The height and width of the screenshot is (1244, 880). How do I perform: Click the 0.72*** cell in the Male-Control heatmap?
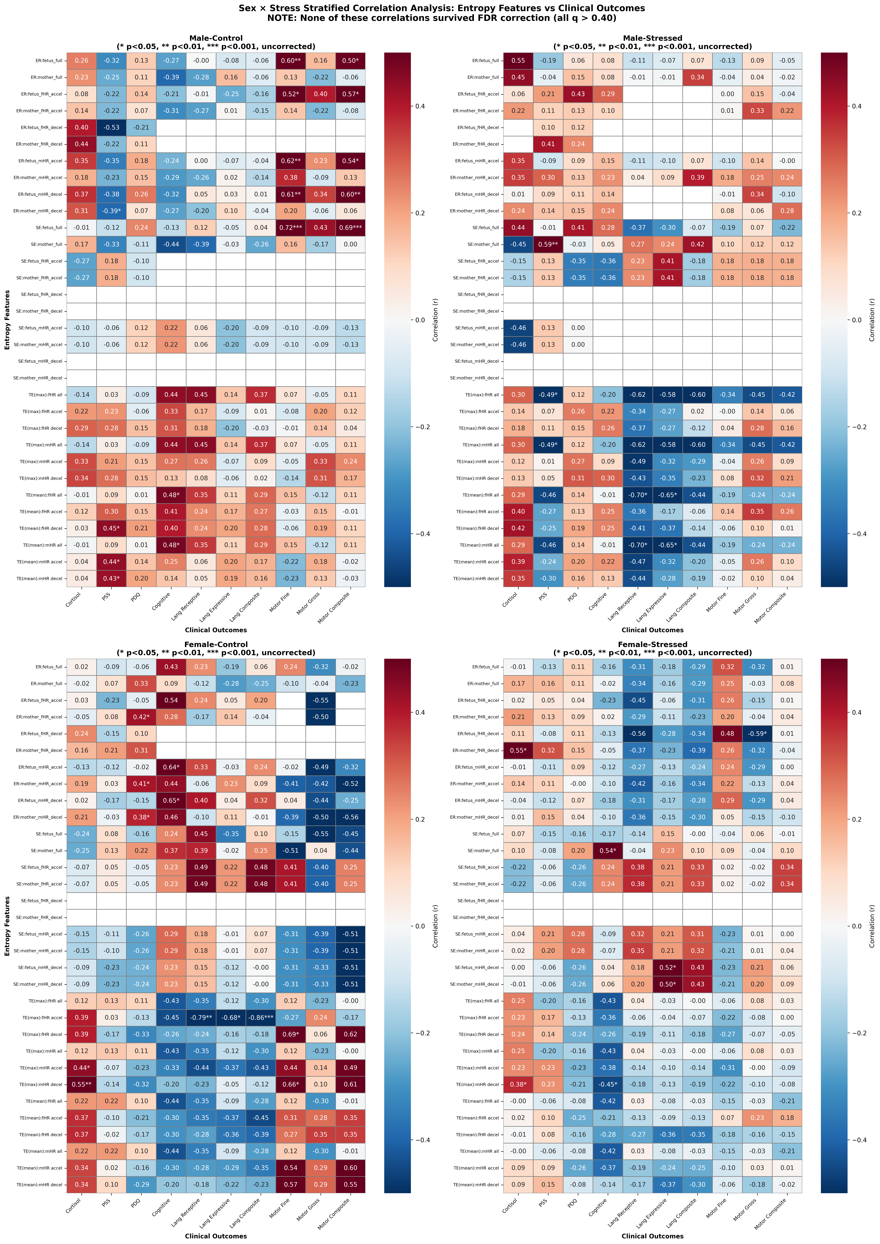click(x=290, y=228)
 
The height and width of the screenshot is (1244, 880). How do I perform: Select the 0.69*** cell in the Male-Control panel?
click(x=350, y=228)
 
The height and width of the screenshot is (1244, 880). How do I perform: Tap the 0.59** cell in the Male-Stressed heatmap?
click(x=548, y=244)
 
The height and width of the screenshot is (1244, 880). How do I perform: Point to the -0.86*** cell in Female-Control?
click(x=261, y=1018)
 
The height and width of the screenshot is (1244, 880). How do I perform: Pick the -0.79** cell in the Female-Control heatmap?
click(x=201, y=1018)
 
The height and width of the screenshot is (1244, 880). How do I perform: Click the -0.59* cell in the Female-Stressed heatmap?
click(x=757, y=734)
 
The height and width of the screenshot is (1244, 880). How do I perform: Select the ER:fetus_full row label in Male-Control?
click(x=49, y=61)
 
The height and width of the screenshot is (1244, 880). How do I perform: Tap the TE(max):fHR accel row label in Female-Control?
click(x=42, y=1018)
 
